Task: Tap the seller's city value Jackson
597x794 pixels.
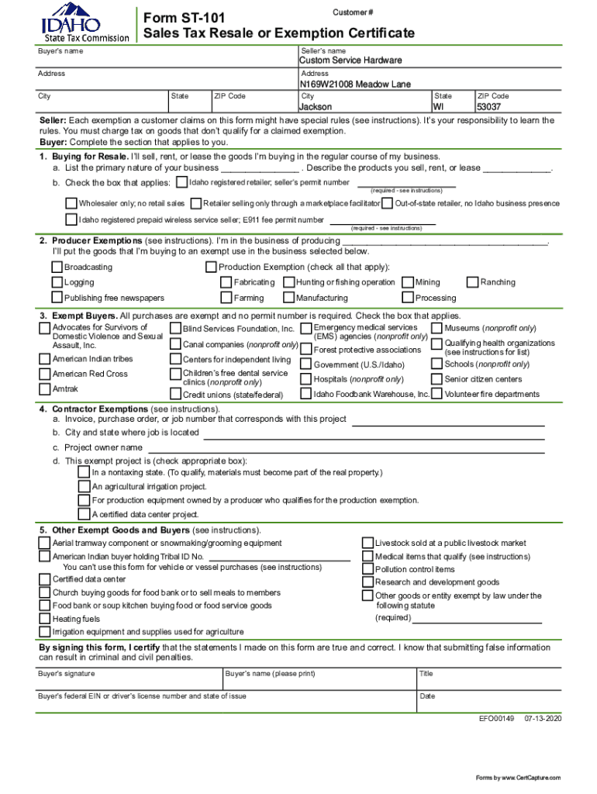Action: tap(316, 107)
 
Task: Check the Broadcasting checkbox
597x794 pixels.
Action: tap(57, 268)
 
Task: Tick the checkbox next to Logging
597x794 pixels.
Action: tap(57, 283)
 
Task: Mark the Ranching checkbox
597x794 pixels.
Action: tap(472, 282)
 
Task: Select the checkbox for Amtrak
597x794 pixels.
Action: tap(44, 389)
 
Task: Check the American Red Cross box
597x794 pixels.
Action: tap(44, 374)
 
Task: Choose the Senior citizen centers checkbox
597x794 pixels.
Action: tap(437, 379)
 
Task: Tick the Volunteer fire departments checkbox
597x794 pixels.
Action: tap(437, 394)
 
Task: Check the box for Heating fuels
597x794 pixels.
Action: tap(44, 619)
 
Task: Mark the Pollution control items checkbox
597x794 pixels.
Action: tap(368, 569)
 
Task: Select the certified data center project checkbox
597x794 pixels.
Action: tap(84, 514)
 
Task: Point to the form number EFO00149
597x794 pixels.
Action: tap(496, 719)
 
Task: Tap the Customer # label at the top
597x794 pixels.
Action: tap(354, 13)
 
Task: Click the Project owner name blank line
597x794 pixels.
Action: tap(346, 449)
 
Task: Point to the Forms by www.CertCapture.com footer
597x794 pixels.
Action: tap(518, 778)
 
